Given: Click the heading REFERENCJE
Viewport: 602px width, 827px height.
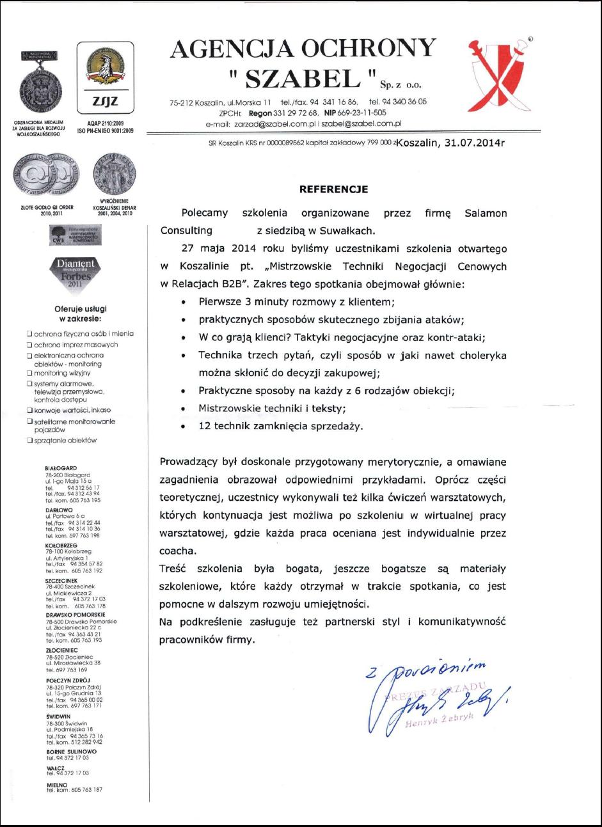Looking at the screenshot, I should point(334,189).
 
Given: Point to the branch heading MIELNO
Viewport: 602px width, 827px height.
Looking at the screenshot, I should point(56,784).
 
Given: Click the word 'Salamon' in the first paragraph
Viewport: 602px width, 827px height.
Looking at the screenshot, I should point(484,214).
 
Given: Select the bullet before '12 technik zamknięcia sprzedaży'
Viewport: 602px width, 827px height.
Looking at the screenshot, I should point(184,426).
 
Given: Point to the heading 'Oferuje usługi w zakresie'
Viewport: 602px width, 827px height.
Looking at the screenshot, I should point(80,313).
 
